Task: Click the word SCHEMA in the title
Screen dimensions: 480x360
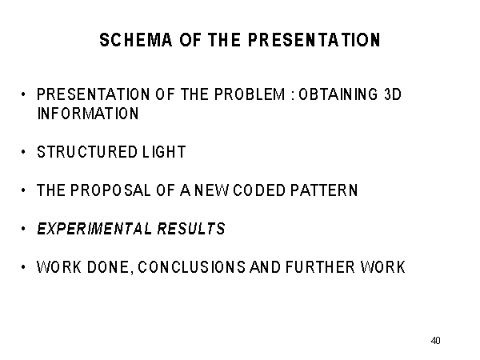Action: coord(136,40)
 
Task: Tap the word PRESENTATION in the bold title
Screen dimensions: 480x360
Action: coord(314,40)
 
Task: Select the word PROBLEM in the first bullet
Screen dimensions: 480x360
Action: coord(250,94)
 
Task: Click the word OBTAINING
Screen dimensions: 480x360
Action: coord(338,94)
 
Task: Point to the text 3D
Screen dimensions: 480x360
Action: coord(393,94)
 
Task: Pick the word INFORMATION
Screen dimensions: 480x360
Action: coord(88,114)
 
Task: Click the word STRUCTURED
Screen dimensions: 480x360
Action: coord(87,152)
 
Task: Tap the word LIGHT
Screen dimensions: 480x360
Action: coord(164,152)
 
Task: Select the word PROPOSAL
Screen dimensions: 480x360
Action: coord(110,190)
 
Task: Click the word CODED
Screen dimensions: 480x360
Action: coord(259,190)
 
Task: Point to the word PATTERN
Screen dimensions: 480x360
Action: coord(324,190)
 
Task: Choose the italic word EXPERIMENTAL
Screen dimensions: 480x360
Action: coord(94,229)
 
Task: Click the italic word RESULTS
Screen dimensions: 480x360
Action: coord(191,229)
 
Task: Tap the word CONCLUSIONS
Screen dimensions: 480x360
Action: coord(192,267)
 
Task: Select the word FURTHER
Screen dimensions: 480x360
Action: coord(320,267)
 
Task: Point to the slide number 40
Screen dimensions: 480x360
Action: coord(436,341)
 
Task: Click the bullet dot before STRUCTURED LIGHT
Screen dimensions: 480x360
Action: coord(23,151)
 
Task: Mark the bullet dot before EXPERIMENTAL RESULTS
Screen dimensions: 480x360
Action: coord(23,228)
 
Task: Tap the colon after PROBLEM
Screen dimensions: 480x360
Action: coord(293,96)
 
